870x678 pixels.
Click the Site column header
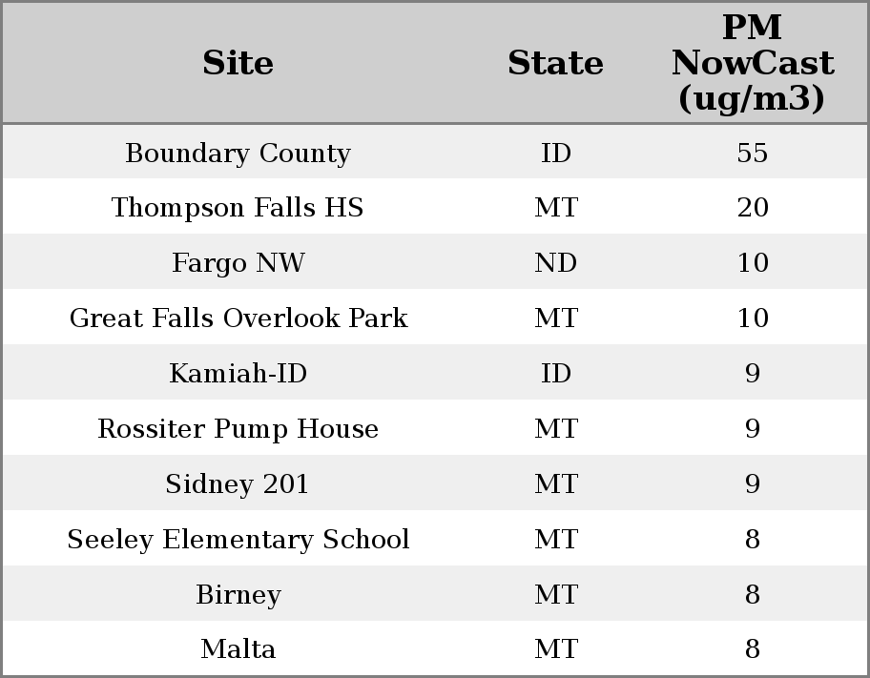pos(238,63)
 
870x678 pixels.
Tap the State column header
pos(555,63)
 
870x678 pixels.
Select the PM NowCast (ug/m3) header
pos(752,63)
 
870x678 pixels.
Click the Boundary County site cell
pos(238,153)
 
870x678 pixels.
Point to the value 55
pos(752,153)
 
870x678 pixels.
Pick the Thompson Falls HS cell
pos(238,208)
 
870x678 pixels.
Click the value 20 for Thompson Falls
pos(752,208)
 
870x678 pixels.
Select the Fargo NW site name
pos(238,263)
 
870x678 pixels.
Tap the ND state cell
pos(555,263)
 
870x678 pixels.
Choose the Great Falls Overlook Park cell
pos(238,318)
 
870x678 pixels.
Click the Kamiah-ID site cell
pos(238,374)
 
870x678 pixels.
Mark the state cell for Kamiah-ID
pos(555,374)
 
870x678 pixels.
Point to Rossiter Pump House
pos(238,429)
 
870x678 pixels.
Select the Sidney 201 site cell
pos(238,484)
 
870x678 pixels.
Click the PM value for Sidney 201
pos(752,484)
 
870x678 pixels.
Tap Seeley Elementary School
pos(238,540)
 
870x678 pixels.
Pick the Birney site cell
pos(238,595)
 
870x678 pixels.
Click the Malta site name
pos(238,649)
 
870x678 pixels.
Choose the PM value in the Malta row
pos(752,649)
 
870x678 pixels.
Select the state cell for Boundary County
pos(555,153)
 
